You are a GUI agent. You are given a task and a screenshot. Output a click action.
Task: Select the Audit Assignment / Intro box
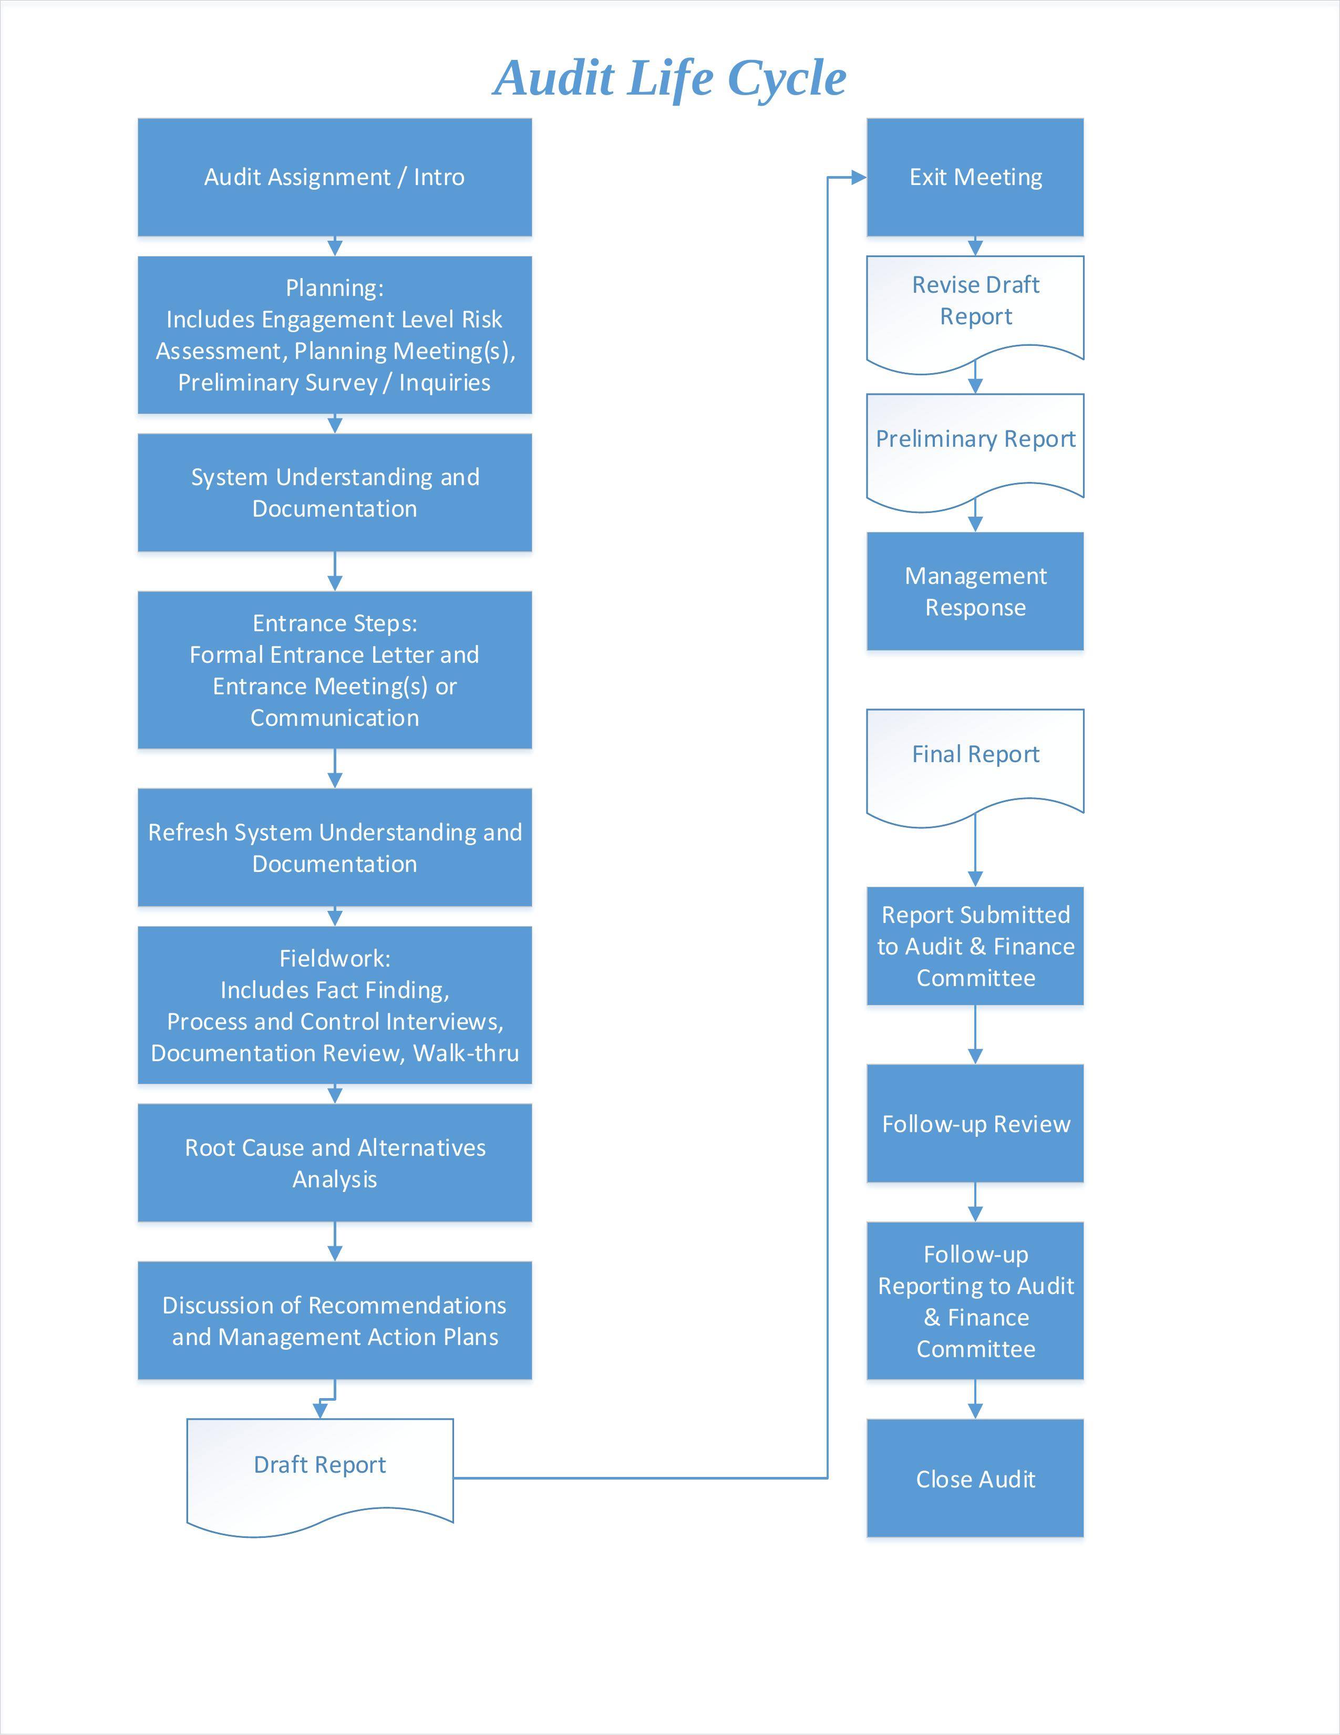[x=334, y=177]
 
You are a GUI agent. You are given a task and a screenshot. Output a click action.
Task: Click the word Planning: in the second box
[x=334, y=288]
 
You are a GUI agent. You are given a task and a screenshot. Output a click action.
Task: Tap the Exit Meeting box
[x=975, y=177]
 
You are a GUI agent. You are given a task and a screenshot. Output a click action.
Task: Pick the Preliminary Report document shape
[x=975, y=440]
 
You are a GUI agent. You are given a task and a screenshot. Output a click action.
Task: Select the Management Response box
[x=975, y=591]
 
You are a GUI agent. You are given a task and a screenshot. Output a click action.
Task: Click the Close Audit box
[x=975, y=1479]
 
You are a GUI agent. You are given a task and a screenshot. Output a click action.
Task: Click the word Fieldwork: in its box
[x=334, y=958]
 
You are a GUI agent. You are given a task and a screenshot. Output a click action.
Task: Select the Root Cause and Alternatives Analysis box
[x=334, y=1163]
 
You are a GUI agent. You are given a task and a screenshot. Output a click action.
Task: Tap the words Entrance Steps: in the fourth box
[x=334, y=623]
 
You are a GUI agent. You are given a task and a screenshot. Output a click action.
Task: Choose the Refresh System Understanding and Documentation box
[x=334, y=848]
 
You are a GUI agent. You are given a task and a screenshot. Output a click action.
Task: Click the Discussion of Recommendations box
[x=334, y=1321]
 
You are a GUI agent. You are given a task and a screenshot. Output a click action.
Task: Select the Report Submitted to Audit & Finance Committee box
[x=975, y=946]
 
